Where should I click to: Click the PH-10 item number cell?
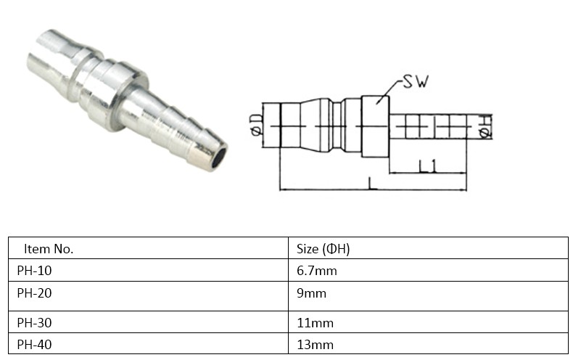click(x=35, y=271)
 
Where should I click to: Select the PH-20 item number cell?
click(x=35, y=293)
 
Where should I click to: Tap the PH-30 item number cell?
click(x=35, y=322)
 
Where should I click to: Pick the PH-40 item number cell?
click(x=35, y=345)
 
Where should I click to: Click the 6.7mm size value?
click(x=317, y=271)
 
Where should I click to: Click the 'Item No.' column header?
click(x=49, y=248)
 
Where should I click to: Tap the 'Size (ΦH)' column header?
click(x=324, y=248)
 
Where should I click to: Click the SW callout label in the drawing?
click(x=416, y=83)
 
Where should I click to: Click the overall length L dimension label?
click(x=372, y=184)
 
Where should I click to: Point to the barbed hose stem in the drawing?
click(x=428, y=126)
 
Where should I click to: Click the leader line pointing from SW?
click(x=388, y=89)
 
